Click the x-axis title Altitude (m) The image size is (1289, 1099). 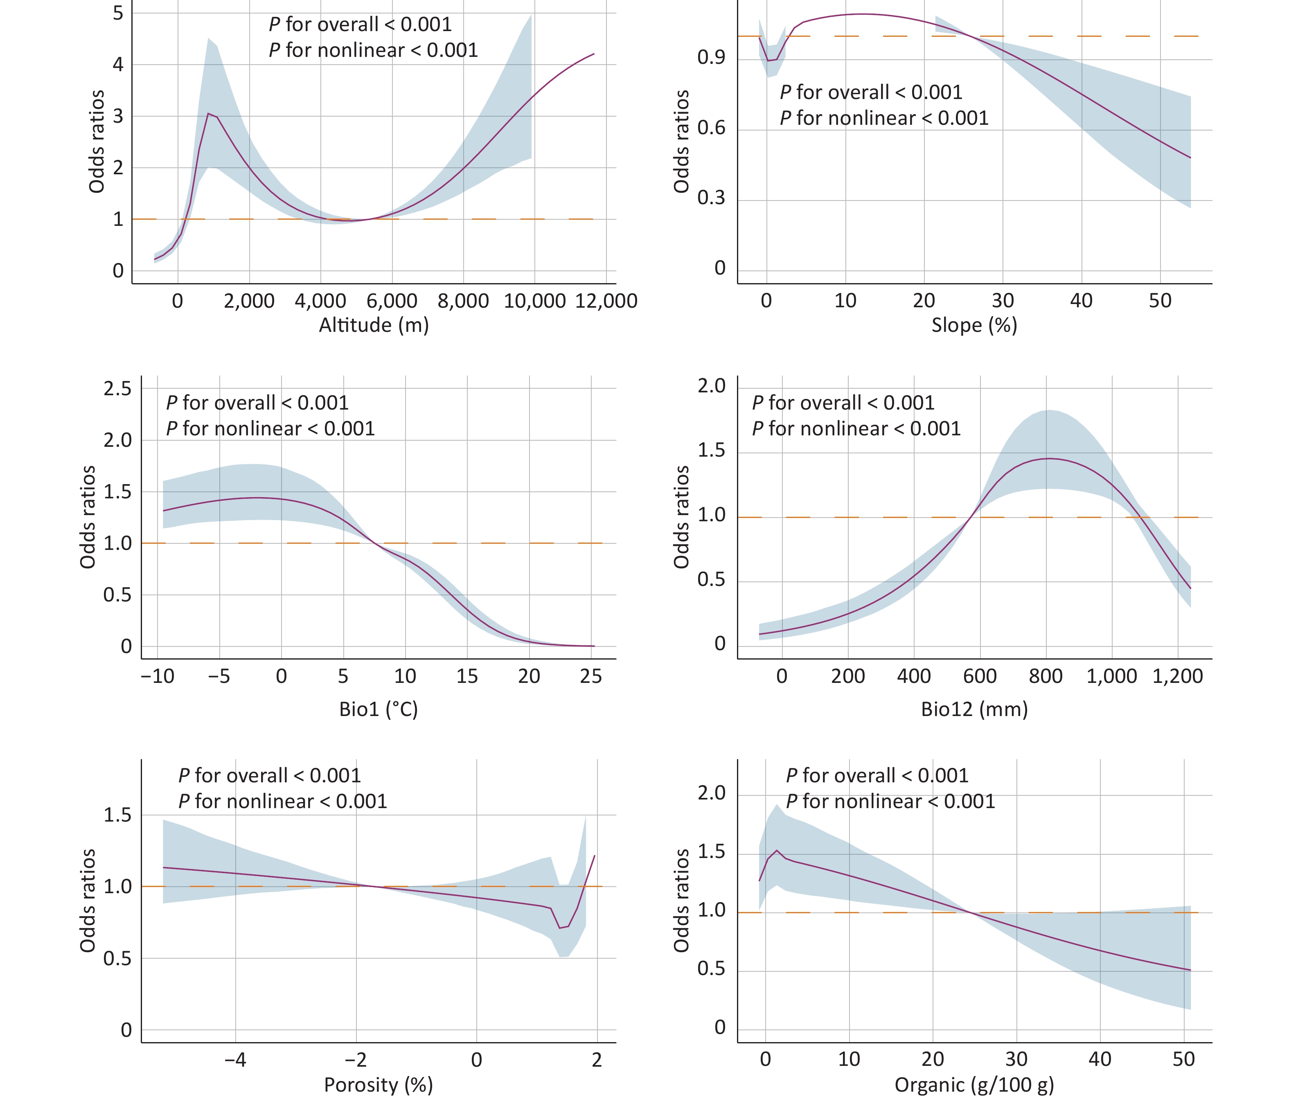click(374, 325)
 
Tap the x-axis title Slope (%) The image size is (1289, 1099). click(974, 325)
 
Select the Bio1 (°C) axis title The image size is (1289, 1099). click(378, 709)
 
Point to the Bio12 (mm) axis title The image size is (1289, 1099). click(974, 709)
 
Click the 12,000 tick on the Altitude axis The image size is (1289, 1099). click(606, 301)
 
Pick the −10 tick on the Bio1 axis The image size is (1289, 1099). click(158, 676)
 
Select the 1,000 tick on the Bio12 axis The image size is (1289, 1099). click(1112, 676)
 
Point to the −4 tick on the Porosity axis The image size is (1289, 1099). click(235, 1060)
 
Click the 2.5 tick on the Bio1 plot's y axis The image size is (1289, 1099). click(117, 389)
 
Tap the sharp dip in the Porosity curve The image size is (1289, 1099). click(560, 928)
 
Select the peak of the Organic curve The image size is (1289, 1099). click(776, 850)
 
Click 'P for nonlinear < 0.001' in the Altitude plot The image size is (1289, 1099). click(373, 50)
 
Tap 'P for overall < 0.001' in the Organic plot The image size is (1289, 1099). click(877, 776)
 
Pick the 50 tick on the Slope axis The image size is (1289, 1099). click(1160, 301)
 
